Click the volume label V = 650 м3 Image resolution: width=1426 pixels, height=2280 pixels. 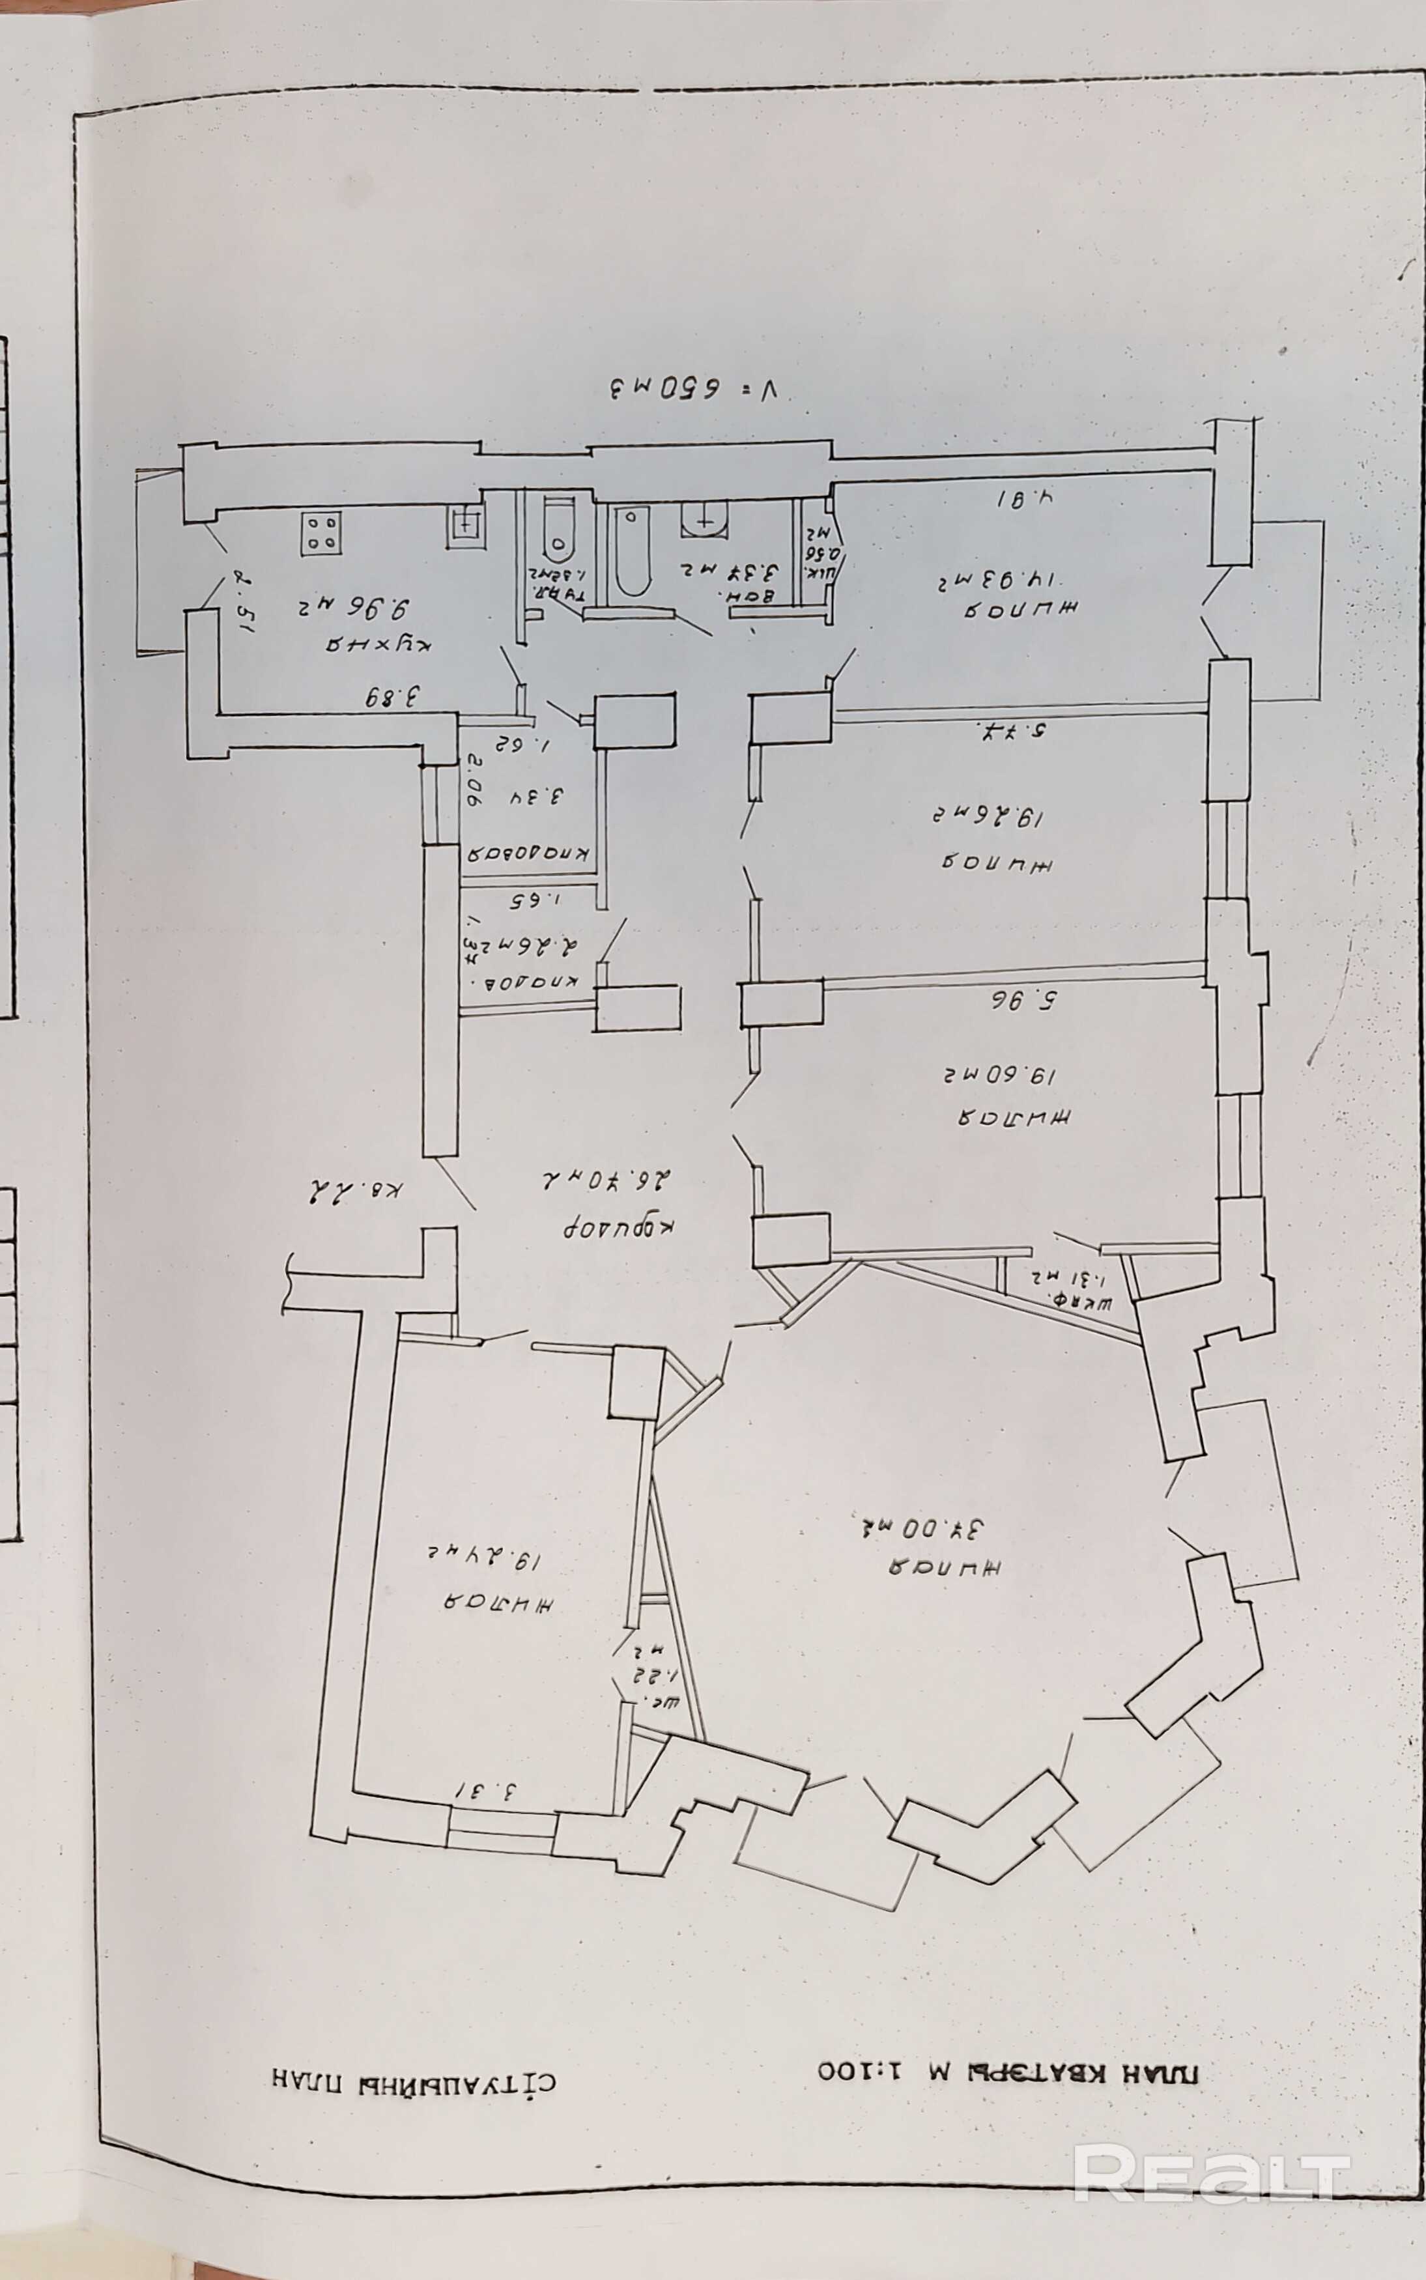coord(697,388)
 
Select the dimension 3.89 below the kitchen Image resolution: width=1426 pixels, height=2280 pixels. coord(395,698)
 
